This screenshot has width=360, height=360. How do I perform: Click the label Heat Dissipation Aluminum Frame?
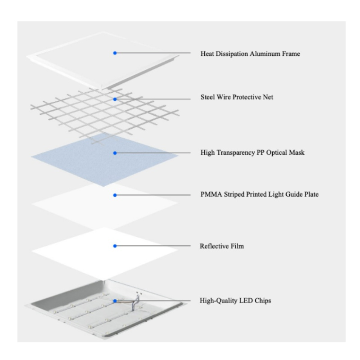(250, 54)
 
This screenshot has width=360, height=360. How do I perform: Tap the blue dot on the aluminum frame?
(115, 53)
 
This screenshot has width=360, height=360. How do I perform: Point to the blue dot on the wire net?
(115, 98)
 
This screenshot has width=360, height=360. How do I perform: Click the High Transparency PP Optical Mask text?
(252, 153)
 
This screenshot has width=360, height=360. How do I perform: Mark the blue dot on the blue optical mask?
(115, 153)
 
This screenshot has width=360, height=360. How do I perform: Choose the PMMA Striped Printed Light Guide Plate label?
(260, 195)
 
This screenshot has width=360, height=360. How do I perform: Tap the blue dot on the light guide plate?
(115, 195)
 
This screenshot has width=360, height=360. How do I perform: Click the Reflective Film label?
(222, 246)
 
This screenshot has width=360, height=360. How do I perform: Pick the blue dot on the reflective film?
(115, 246)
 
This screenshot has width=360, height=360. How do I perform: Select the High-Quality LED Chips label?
(235, 300)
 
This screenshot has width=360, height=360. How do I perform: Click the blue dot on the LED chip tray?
(115, 300)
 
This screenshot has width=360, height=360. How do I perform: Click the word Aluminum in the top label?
(266, 54)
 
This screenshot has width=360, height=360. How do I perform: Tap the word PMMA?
(210, 195)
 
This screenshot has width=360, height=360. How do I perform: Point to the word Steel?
(208, 97)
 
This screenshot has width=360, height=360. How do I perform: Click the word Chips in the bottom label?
(263, 300)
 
